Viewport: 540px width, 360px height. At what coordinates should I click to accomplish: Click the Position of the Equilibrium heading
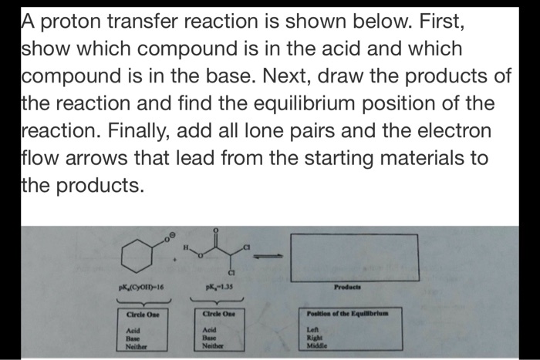click(x=351, y=312)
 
